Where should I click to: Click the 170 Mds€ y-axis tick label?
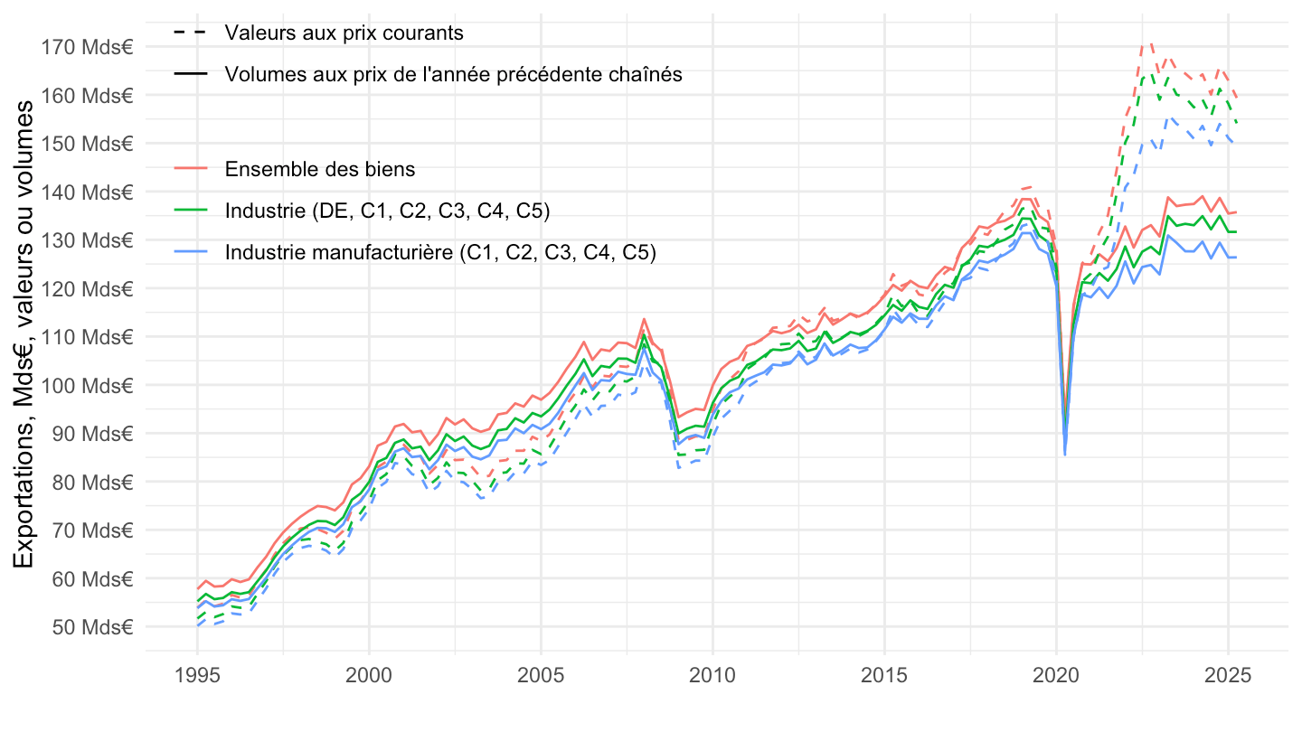coord(88,47)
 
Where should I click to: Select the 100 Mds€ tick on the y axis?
coord(88,385)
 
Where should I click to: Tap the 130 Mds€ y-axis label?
coord(88,240)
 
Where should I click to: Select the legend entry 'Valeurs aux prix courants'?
coord(344,33)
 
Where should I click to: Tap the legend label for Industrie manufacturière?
coord(440,253)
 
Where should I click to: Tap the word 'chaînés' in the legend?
coord(650,75)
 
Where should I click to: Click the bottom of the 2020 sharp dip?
coord(1065,454)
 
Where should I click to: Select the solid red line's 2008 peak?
coord(643,319)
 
